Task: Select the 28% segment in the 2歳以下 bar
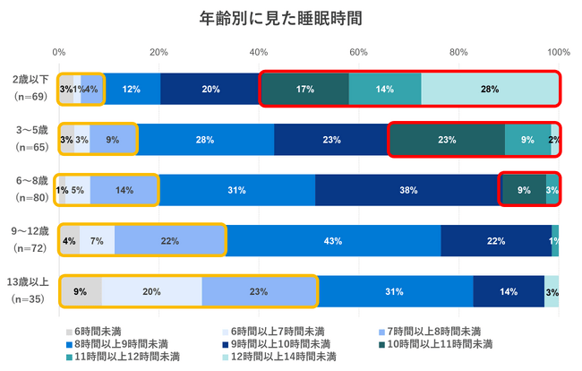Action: pyautogui.click(x=489, y=89)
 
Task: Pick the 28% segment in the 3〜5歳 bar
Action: pyautogui.click(x=205, y=140)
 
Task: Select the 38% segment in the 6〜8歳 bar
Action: pyautogui.click(x=407, y=190)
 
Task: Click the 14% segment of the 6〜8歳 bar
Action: pyautogui.click(x=124, y=190)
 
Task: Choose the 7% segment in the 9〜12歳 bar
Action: pyautogui.click(x=97, y=240)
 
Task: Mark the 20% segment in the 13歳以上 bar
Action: pyautogui.click(x=151, y=290)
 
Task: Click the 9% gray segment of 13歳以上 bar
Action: pyautogui.click(x=81, y=290)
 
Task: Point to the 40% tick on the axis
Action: pyautogui.click(x=260, y=51)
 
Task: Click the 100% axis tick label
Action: pyautogui.click(x=558, y=51)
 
